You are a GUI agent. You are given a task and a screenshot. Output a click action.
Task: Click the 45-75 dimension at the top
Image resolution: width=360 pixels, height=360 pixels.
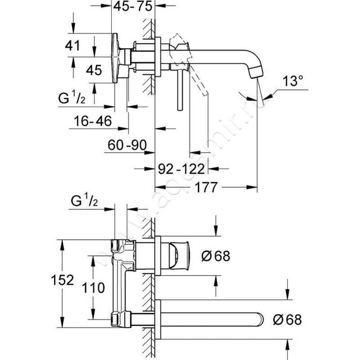pyautogui.click(x=133, y=6)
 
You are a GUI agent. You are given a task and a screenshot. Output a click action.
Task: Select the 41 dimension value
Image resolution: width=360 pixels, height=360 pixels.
pyautogui.click(x=72, y=45)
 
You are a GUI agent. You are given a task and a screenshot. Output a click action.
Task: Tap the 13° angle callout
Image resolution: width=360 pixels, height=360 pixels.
pyautogui.click(x=292, y=81)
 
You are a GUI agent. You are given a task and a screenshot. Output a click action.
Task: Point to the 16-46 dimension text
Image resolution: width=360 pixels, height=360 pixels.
pyautogui.click(x=93, y=121)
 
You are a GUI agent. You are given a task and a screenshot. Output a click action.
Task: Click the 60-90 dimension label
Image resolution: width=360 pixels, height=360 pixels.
pyautogui.click(x=127, y=145)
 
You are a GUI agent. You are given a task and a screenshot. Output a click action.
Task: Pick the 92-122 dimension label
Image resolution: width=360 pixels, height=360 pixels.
pyautogui.click(x=181, y=169)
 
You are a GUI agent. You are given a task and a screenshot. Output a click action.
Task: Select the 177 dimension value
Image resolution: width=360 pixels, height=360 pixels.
pyautogui.click(x=206, y=187)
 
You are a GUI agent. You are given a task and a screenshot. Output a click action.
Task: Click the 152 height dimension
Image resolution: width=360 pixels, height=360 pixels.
pyautogui.click(x=63, y=280)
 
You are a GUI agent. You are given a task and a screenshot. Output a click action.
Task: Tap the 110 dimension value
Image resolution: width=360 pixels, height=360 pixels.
pyautogui.click(x=93, y=288)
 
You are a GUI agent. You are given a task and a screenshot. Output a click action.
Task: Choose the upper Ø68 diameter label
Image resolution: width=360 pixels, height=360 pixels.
pyautogui.click(x=216, y=256)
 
